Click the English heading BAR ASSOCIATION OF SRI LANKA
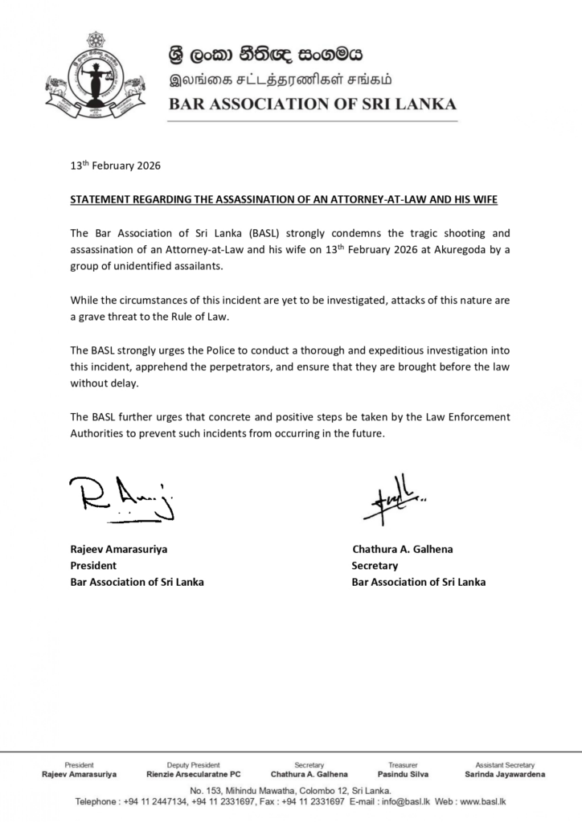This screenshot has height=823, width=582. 312,104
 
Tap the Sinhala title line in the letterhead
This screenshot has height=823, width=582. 265,55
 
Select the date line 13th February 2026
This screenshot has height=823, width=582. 115,166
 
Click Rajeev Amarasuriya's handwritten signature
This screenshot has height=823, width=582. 121,497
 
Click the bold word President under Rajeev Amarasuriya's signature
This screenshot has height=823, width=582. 93,566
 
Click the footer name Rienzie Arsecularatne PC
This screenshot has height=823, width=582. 193,775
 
